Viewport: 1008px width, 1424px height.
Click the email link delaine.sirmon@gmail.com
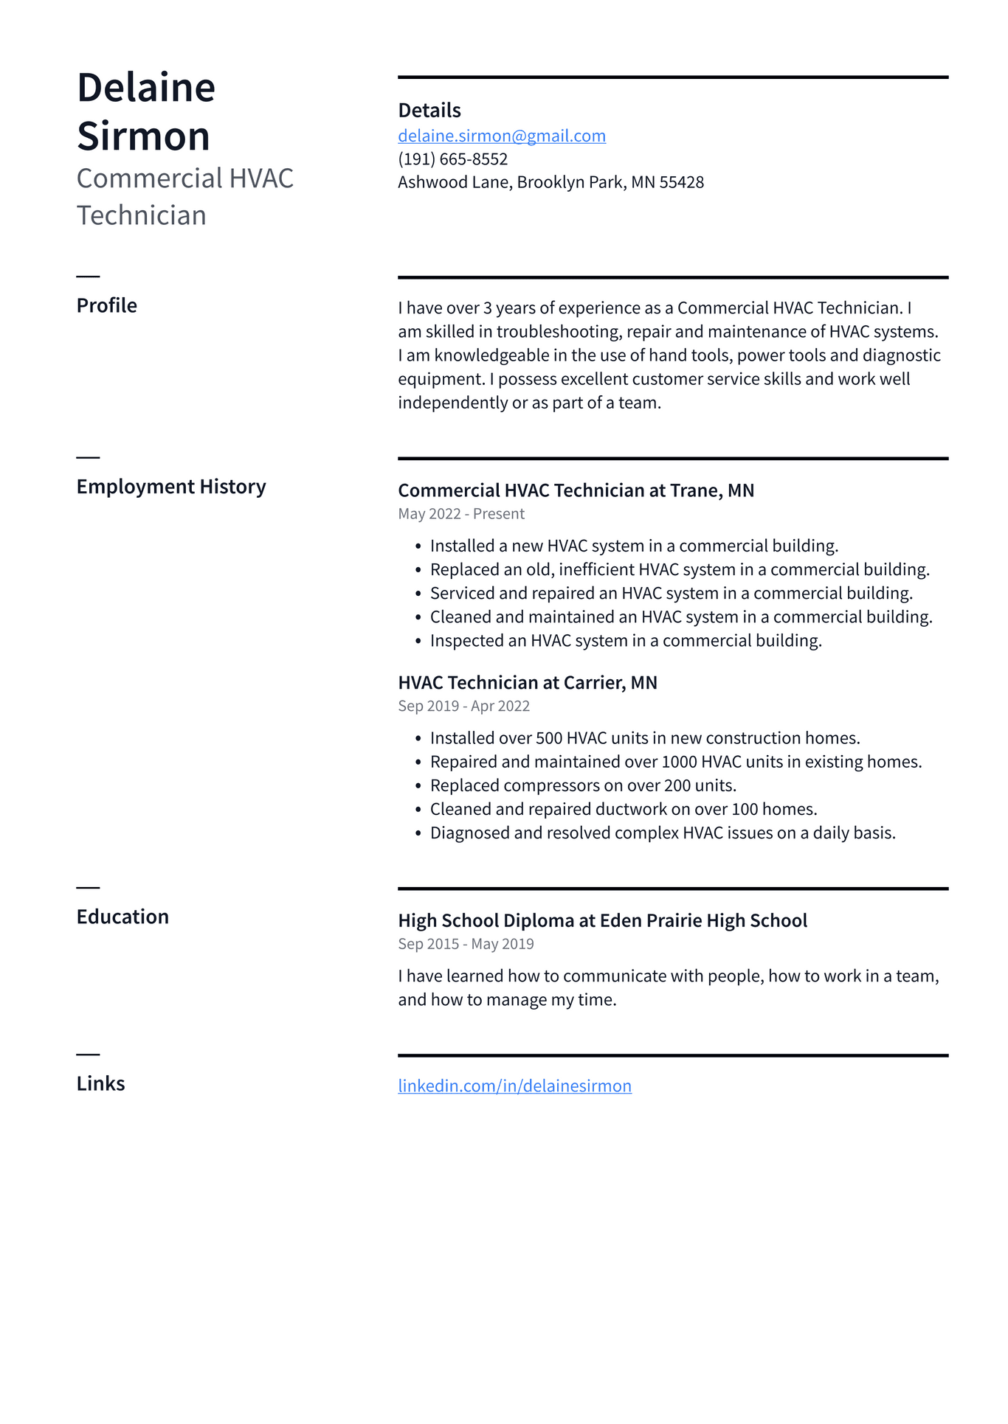tap(502, 136)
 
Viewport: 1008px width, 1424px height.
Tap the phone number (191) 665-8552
tap(452, 159)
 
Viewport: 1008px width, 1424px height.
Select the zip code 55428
tap(682, 182)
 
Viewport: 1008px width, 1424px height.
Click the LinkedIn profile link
tap(514, 1086)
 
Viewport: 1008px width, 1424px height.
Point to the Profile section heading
tap(107, 305)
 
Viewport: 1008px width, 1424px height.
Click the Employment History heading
tap(171, 487)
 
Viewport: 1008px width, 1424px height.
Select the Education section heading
tap(122, 917)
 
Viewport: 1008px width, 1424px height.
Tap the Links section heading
tap(100, 1083)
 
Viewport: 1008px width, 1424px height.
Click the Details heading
tap(429, 111)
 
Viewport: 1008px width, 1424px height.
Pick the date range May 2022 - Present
tap(461, 514)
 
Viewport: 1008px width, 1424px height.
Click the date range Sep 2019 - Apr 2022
tap(463, 706)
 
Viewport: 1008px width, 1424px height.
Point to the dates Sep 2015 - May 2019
tap(466, 944)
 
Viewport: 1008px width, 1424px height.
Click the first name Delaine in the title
tap(146, 88)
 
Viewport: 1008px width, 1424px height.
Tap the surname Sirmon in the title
tap(143, 136)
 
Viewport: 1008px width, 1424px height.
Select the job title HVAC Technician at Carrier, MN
tap(527, 683)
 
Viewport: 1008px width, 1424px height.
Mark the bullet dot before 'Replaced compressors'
tap(418, 786)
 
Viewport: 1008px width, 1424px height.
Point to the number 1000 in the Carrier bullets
tap(679, 762)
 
